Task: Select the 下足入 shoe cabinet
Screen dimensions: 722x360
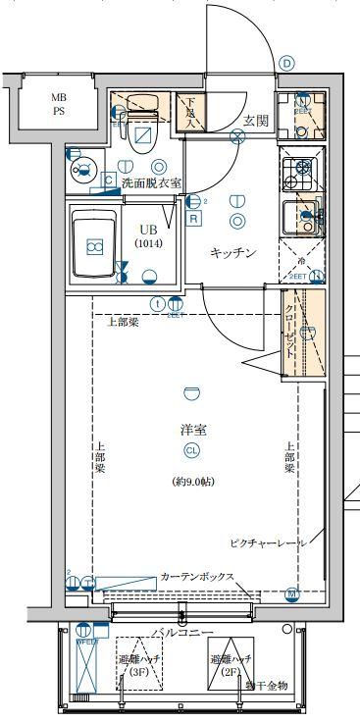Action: click(x=189, y=113)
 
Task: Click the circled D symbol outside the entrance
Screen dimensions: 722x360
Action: click(x=286, y=63)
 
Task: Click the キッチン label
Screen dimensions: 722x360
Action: click(x=233, y=253)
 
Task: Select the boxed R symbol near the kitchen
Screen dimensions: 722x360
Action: click(x=194, y=219)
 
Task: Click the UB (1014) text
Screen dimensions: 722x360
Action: click(x=149, y=235)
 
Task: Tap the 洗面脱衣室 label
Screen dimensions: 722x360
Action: click(x=150, y=182)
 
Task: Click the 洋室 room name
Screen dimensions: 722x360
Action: click(x=192, y=430)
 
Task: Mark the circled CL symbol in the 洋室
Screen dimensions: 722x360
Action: click(x=192, y=450)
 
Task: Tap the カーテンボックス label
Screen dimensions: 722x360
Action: click(x=196, y=577)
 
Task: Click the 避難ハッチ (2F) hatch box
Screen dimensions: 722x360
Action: click(x=231, y=664)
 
